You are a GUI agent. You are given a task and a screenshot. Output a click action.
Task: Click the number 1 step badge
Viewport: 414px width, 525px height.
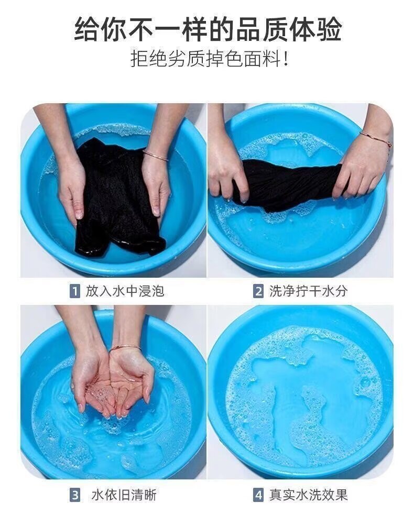coord(75,291)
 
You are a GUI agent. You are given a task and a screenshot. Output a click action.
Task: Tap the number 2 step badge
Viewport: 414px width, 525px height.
coord(258,291)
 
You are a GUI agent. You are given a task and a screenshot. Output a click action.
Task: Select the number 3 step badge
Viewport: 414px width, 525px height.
coord(75,495)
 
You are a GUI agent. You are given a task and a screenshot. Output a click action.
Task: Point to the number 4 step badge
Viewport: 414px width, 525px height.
coord(258,495)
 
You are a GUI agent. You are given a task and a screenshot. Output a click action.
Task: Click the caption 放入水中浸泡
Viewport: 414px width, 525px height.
coord(125,291)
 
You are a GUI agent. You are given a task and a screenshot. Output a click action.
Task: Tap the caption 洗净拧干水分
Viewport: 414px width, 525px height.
coord(308,291)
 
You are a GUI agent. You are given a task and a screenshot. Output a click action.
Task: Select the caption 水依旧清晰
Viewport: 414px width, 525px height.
coord(124,495)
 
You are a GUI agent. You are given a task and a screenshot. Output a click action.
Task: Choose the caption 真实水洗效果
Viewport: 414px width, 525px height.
coord(308,495)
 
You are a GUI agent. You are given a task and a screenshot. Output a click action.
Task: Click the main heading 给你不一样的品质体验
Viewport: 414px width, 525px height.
coord(208,29)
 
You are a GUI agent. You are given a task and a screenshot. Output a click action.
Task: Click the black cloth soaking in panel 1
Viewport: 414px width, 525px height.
coord(117,198)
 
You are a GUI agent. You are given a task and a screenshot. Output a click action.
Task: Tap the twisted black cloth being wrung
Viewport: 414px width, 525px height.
coord(288,182)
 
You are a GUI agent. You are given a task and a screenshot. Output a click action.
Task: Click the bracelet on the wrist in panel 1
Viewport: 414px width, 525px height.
coord(155,156)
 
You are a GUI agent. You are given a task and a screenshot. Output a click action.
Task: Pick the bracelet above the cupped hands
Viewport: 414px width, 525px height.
coord(125,347)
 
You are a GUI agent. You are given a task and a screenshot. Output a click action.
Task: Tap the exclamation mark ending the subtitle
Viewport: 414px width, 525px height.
coord(285,59)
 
